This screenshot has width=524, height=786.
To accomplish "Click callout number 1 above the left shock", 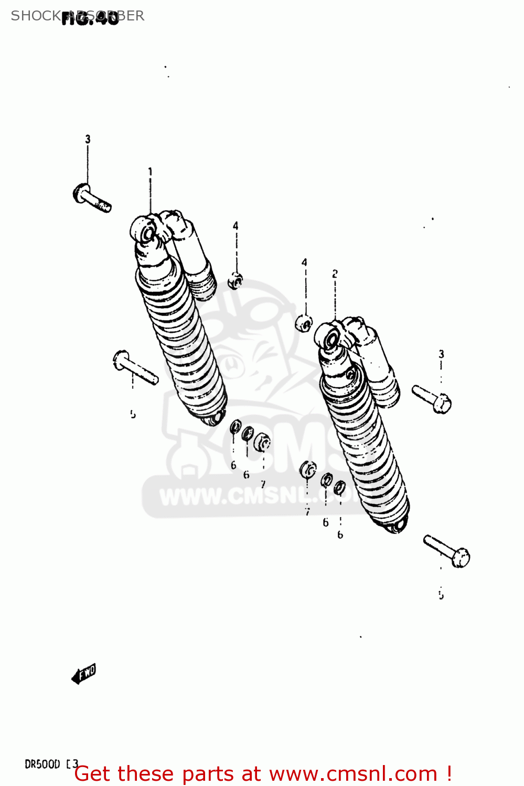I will click(x=150, y=172).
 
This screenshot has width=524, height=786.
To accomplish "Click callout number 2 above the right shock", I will click(x=335, y=274).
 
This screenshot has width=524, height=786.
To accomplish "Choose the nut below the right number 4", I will click(x=304, y=323).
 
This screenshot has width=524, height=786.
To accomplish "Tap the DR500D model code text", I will click(x=43, y=765).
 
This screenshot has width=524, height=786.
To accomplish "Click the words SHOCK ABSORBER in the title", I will click(x=78, y=16).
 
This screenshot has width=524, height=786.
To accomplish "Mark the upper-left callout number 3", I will click(x=88, y=139).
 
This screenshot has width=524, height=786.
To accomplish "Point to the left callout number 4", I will click(x=236, y=226).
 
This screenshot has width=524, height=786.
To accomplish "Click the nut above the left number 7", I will click(x=262, y=442).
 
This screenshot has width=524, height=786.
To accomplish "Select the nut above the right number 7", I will click(x=308, y=470).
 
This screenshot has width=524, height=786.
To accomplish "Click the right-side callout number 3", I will click(x=441, y=354).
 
